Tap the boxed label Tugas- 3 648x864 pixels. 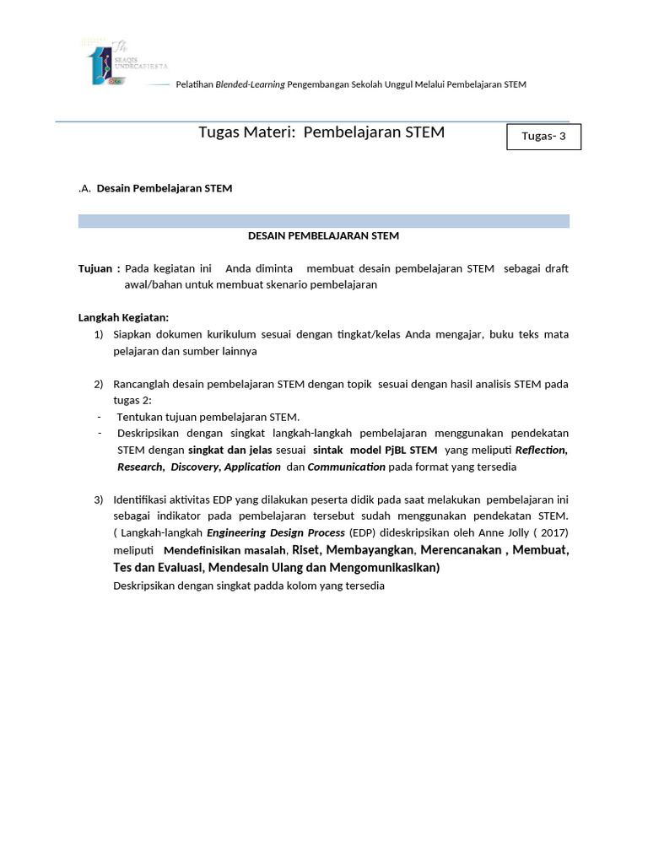(543, 137)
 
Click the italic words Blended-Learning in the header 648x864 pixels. (251, 84)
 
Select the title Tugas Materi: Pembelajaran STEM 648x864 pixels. (321, 132)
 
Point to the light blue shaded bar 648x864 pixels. (323, 221)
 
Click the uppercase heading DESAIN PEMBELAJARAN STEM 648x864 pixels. (323, 235)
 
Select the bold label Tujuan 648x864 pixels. (95, 268)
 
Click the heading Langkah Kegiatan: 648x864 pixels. (123, 317)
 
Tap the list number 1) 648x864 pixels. (99, 334)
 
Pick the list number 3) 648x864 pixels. (99, 499)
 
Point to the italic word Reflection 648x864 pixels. (540, 451)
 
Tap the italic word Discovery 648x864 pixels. (194, 467)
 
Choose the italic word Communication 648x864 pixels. (346, 467)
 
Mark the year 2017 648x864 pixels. (553, 532)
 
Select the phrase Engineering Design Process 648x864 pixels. (275, 532)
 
